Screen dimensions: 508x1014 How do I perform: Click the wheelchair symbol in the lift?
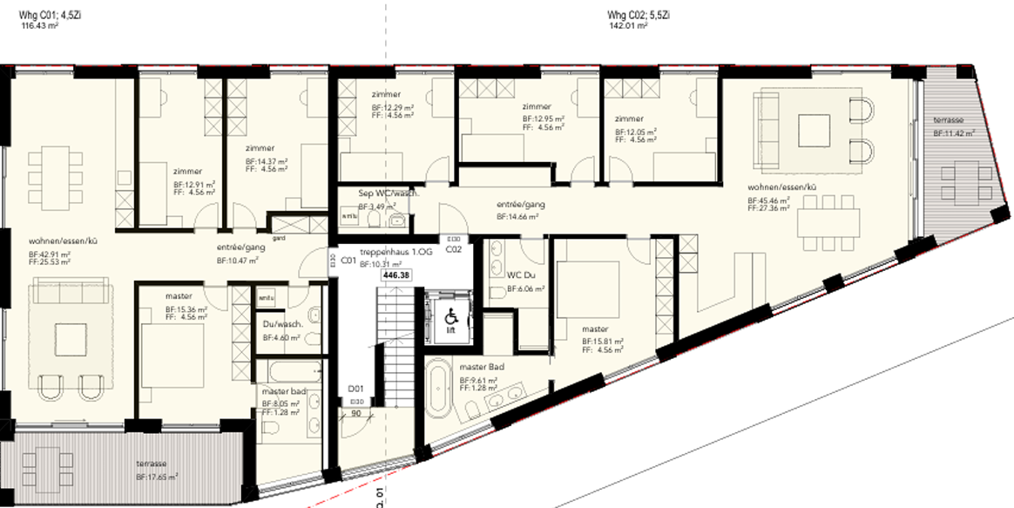tap(450, 315)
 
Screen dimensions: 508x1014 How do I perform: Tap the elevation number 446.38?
tap(396, 274)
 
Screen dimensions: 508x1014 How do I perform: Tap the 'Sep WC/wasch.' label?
tap(389, 193)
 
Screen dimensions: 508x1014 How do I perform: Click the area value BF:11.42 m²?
tap(953, 133)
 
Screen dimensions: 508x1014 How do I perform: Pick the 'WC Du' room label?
tap(520, 274)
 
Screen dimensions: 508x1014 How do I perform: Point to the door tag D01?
tap(355, 388)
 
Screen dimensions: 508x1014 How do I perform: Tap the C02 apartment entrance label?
tap(453, 248)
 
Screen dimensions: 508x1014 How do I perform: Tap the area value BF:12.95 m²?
tap(543, 118)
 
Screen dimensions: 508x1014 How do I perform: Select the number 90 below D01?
tap(355, 414)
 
